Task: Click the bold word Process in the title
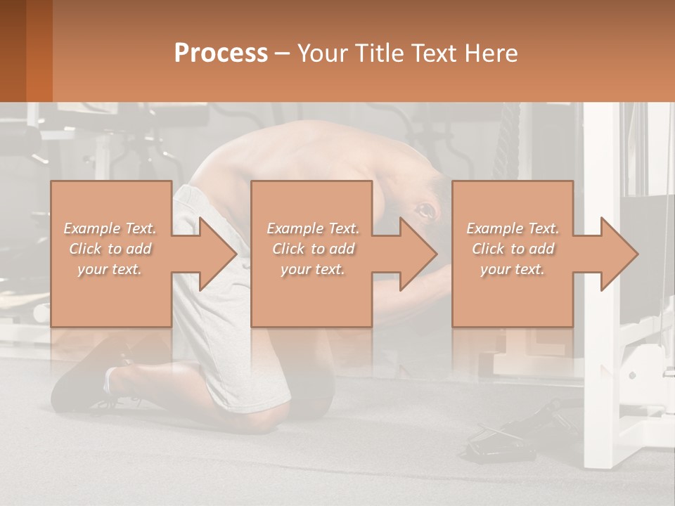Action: (221, 53)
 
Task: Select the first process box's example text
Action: (110, 249)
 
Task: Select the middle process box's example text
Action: (312, 249)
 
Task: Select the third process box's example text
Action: (512, 249)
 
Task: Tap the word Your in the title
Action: (321, 53)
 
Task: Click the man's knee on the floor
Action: (267, 415)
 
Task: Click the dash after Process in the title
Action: (283, 53)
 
